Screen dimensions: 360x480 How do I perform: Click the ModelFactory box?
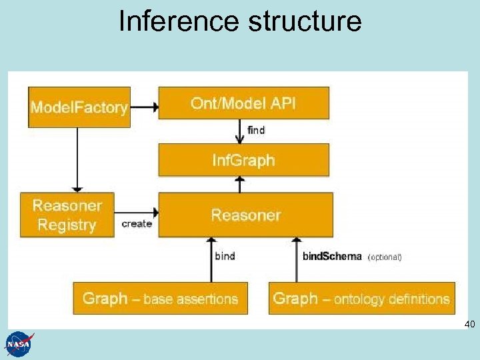click(79, 107)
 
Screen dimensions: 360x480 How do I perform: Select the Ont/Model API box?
click(243, 103)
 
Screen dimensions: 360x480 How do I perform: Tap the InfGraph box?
click(243, 160)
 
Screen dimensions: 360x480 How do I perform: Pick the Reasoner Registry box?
click(67, 215)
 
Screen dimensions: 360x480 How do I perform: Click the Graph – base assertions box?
click(160, 298)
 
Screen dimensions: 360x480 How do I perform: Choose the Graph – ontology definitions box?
click(361, 298)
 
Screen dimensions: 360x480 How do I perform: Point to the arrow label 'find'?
click(256, 131)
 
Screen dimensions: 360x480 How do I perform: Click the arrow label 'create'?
click(137, 224)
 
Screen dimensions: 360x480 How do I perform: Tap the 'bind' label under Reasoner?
click(225, 256)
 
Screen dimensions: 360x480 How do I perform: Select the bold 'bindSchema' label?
click(332, 256)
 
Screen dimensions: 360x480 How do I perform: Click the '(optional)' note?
click(385, 257)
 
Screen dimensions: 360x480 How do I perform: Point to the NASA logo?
click(19, 344)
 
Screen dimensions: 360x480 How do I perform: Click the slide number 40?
click(469, 325)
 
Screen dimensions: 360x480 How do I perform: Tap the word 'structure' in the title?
click(305, 21)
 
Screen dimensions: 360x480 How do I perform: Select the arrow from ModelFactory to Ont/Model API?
click(144, 105)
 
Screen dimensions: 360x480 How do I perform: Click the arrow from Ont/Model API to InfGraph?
click(239, 131)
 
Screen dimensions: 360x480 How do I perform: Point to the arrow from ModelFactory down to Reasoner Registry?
click(78, 159)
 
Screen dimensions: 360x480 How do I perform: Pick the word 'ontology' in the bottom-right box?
click(359, 299)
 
